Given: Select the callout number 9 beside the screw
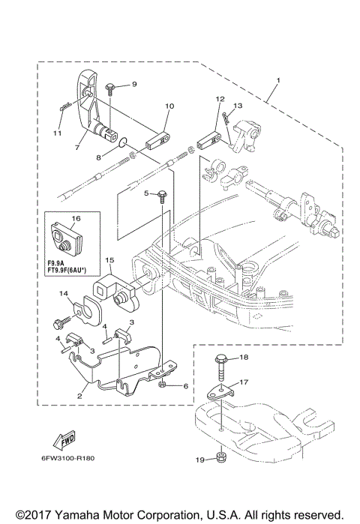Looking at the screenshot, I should coord(135,84).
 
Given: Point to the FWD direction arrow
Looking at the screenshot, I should coord(63,438).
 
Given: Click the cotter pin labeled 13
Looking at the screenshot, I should coord(225,115).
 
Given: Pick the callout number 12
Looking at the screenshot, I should coord(220,99).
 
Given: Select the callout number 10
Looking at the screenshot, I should coord(169,106).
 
